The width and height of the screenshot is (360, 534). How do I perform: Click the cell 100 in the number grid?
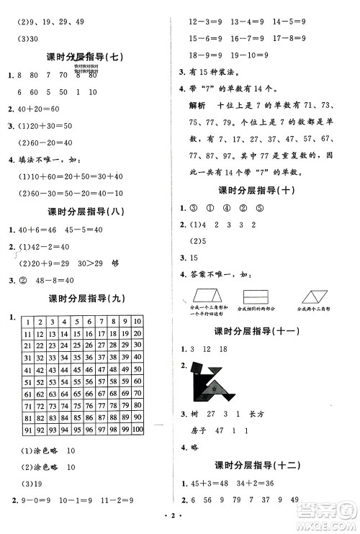pyautogui.click(x=138, y=430)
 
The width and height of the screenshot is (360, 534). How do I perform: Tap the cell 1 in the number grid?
pyautogui.click(x=27, y=322)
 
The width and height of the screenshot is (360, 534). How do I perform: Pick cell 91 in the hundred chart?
pyautogui.click(x=27, y=430)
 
